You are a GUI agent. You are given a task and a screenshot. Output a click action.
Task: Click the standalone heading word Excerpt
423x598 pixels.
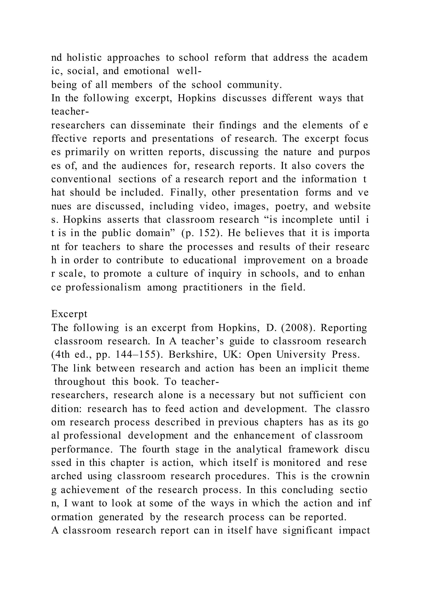(x=69, y=314)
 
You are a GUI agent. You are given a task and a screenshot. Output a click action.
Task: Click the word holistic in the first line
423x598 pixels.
(x=84, y=58)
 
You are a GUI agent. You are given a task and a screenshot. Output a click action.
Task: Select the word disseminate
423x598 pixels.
(x=158, y=125)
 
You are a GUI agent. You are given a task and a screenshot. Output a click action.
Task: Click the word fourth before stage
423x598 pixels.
(x=156, y=449)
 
